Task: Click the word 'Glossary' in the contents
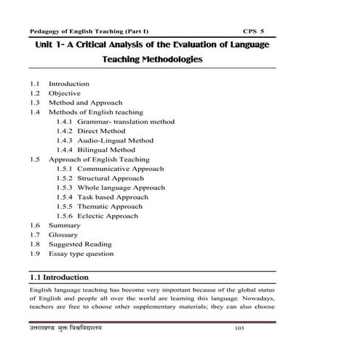click(x=63, y=235)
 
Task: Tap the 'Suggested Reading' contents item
click(x=79, y=244)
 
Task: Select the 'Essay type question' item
click(x=81, y=254)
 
